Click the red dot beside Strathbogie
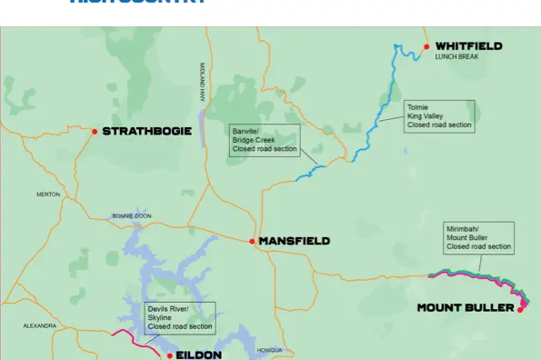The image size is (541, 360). coord(95,132)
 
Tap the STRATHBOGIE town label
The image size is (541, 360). coord(146,132)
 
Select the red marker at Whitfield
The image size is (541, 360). coord(426,45)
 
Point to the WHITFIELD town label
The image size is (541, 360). coord(468,46)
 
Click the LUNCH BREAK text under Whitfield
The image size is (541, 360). coord(456,57)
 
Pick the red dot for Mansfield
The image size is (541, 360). coord(252,241)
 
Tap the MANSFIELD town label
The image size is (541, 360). coord(294,241)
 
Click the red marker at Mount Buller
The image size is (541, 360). coord(521,309)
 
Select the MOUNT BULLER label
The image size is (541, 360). coord(466,308)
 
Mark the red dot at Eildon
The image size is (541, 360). coord(167,355)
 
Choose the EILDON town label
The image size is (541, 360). coord(198,355)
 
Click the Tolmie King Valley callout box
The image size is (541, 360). coord(440,116)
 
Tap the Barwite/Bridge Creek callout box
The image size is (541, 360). coord(265,140)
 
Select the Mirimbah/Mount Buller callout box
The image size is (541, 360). coord(479,237)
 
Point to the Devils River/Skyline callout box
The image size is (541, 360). coord(180,317)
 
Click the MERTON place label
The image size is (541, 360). coord(48,195)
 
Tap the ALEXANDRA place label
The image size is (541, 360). coord(39,325)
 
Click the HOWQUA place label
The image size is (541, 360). coord(270,350)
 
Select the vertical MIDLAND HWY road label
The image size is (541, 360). coord(202,82)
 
